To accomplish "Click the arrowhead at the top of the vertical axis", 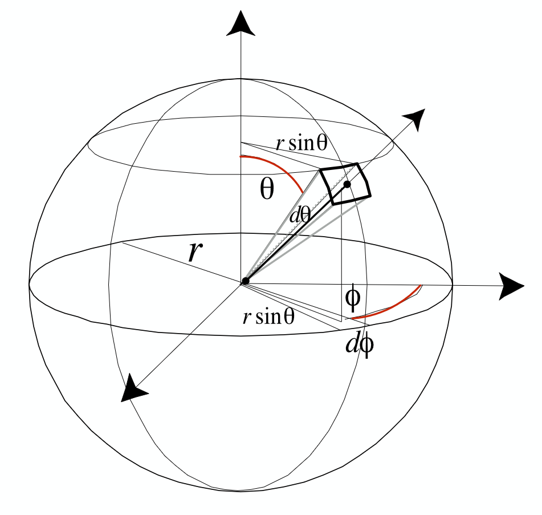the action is (x=241, y=24).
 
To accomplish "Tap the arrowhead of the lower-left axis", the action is (x=133, y=389).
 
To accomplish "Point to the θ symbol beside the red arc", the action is (x=267, y=189).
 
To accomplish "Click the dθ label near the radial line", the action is (x=300, y=216).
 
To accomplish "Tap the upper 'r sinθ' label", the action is (x=301, y=143).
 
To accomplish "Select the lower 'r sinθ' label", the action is (x=268, y=317).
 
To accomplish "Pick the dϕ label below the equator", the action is (x=360, y=344).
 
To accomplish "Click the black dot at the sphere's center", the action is (x=245, y=281).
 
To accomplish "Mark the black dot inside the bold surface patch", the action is (x=347, y=184).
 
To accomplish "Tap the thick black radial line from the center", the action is (x=296, y=233).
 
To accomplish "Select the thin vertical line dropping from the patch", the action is (x=341, y=259).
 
